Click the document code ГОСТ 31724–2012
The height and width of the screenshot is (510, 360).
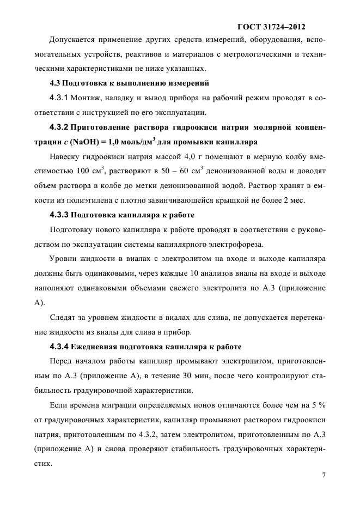[x=271, y=26]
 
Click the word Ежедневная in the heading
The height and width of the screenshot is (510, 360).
[x=96, y=347]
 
